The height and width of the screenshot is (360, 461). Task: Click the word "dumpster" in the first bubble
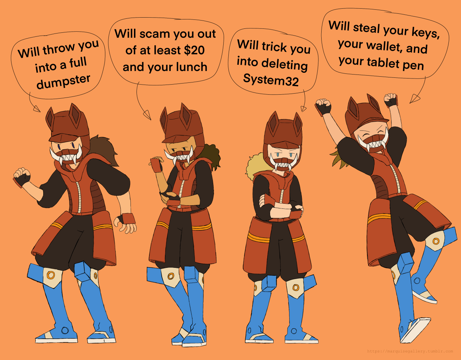pyautogui.click(x=63, y=82)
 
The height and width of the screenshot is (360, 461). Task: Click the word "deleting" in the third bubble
pyautogui.click(x=284, y=64)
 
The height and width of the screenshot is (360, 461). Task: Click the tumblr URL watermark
pyautogui.click(x=410, y=351)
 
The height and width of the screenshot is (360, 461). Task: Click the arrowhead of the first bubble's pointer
pyautogui.click(x=36, y=109)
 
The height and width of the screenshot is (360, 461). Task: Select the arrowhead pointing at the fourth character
pyautogui.click(x=414, y=99)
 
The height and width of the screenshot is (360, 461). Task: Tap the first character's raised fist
pyautogui.click(x=22, y=177)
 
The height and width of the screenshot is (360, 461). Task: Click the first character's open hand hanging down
pyautogui.click(x=125, y=224)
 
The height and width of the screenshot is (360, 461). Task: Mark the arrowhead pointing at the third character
pyautogui.click(x=303, y=109)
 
